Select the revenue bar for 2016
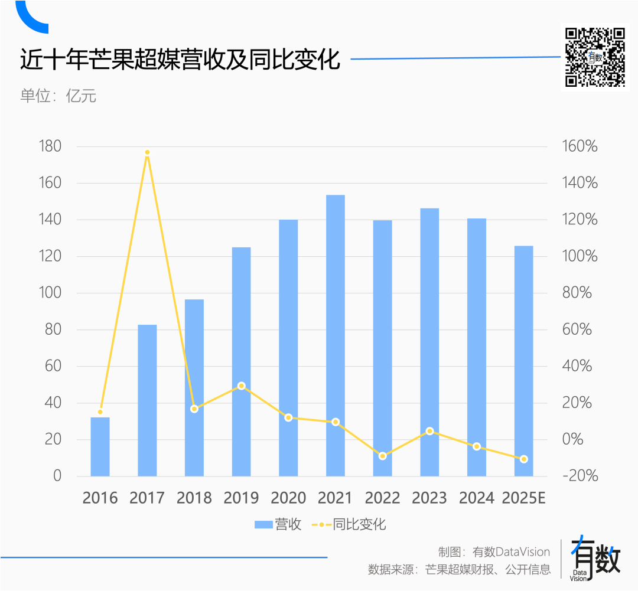tap(100, 446)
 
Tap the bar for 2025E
tap(523, 361)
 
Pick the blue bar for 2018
tap(194, 387)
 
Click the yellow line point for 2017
tap(148, 153)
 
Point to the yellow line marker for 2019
tap(241, 386)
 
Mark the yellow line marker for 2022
tap(383, 456)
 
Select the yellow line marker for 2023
tap(429, 431)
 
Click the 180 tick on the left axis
tap(50, 146)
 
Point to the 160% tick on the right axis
tap(578, 146)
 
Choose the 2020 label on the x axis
tap(288, 498)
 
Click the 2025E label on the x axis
tap(523, 498)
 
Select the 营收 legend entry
tap(278, 524)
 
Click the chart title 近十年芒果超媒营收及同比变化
tap(180, 60)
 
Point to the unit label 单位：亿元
tap(58, 96)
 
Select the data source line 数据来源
tap(459, 570)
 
